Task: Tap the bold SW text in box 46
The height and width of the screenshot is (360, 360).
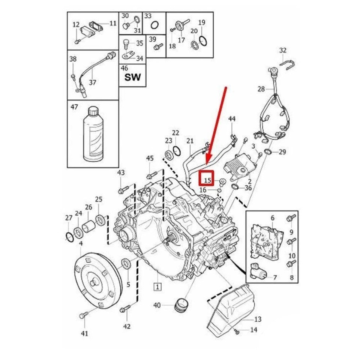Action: (x=132, y=77)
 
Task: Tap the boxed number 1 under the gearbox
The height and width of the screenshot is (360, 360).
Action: (x=157, y=287)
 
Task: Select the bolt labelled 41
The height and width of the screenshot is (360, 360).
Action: (x=83, y=316)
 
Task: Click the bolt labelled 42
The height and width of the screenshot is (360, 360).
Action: (x=124, y=309)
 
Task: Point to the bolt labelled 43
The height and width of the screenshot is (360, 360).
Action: (x=121, y=190)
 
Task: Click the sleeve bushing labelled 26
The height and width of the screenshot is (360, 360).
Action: (x=89, y=227)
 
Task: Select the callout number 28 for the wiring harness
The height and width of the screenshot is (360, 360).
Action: (x=261, y=89)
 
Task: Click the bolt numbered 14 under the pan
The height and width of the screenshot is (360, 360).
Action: (x=236, y=331)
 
